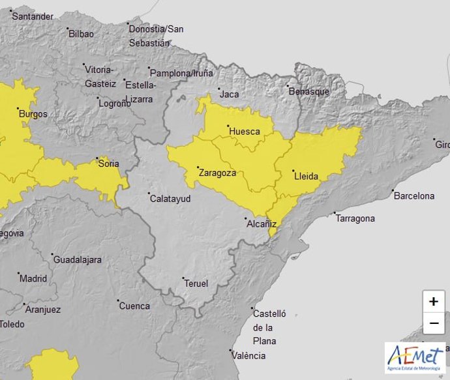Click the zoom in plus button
[x=434, y=302]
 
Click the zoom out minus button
[x=434, y=323]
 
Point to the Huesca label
[x=245, y=132]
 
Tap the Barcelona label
[x=413, y=196]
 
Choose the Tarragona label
[x=355, y=218]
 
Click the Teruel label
[x=196, y=284]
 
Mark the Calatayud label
[x=170, y=198]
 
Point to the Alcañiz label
[x=261, y=224]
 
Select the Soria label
[x=108, y=164]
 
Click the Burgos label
[x=33, y=114]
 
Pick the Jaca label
[x=230, y=95]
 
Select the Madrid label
[x=33, y=278]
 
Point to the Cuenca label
[x=134, y=306]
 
